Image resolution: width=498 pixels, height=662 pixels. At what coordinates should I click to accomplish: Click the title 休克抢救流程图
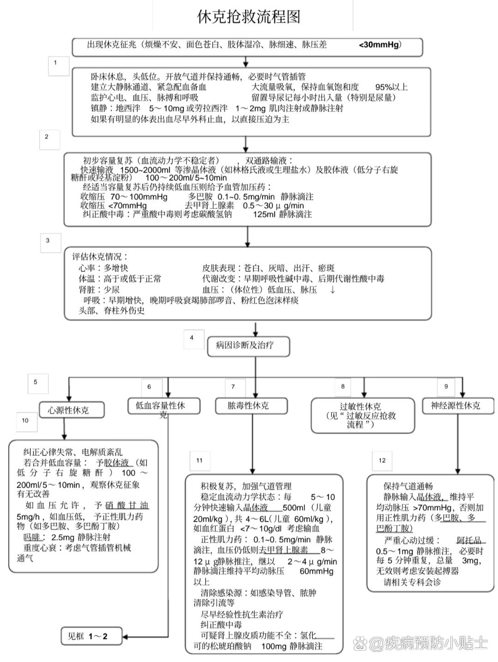click(x=249, y=17)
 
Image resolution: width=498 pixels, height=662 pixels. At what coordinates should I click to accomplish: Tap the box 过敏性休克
click(x=360, y=415)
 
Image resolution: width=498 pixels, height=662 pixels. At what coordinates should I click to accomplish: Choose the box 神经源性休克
click(x=455, y=406)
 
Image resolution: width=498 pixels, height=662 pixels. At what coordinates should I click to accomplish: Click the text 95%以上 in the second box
click(x=391, y=87)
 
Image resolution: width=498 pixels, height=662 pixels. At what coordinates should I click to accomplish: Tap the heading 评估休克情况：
click(x=100, y=256)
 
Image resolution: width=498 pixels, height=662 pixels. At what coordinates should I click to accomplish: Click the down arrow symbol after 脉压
click(x=332, y=290)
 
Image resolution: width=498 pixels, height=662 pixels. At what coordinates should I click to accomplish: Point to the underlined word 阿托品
click(x=469, y=540)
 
